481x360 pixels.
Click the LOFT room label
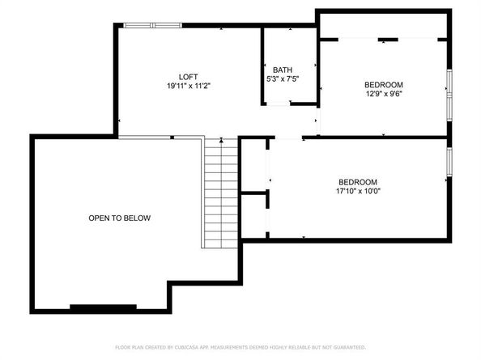[189, 76]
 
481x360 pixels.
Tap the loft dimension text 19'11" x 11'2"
[189, 85]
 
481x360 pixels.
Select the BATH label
[282, 70]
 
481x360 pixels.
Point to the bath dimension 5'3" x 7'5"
[282, 78]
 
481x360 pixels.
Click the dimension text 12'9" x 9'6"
[383, 93]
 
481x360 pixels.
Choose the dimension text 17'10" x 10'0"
[357, 193]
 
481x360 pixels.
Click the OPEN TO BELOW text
[120, 218]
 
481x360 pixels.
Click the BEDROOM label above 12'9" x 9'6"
[383, 84]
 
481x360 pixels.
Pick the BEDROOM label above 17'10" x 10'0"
[357, 183]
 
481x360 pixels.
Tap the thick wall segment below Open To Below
[103, 307]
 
